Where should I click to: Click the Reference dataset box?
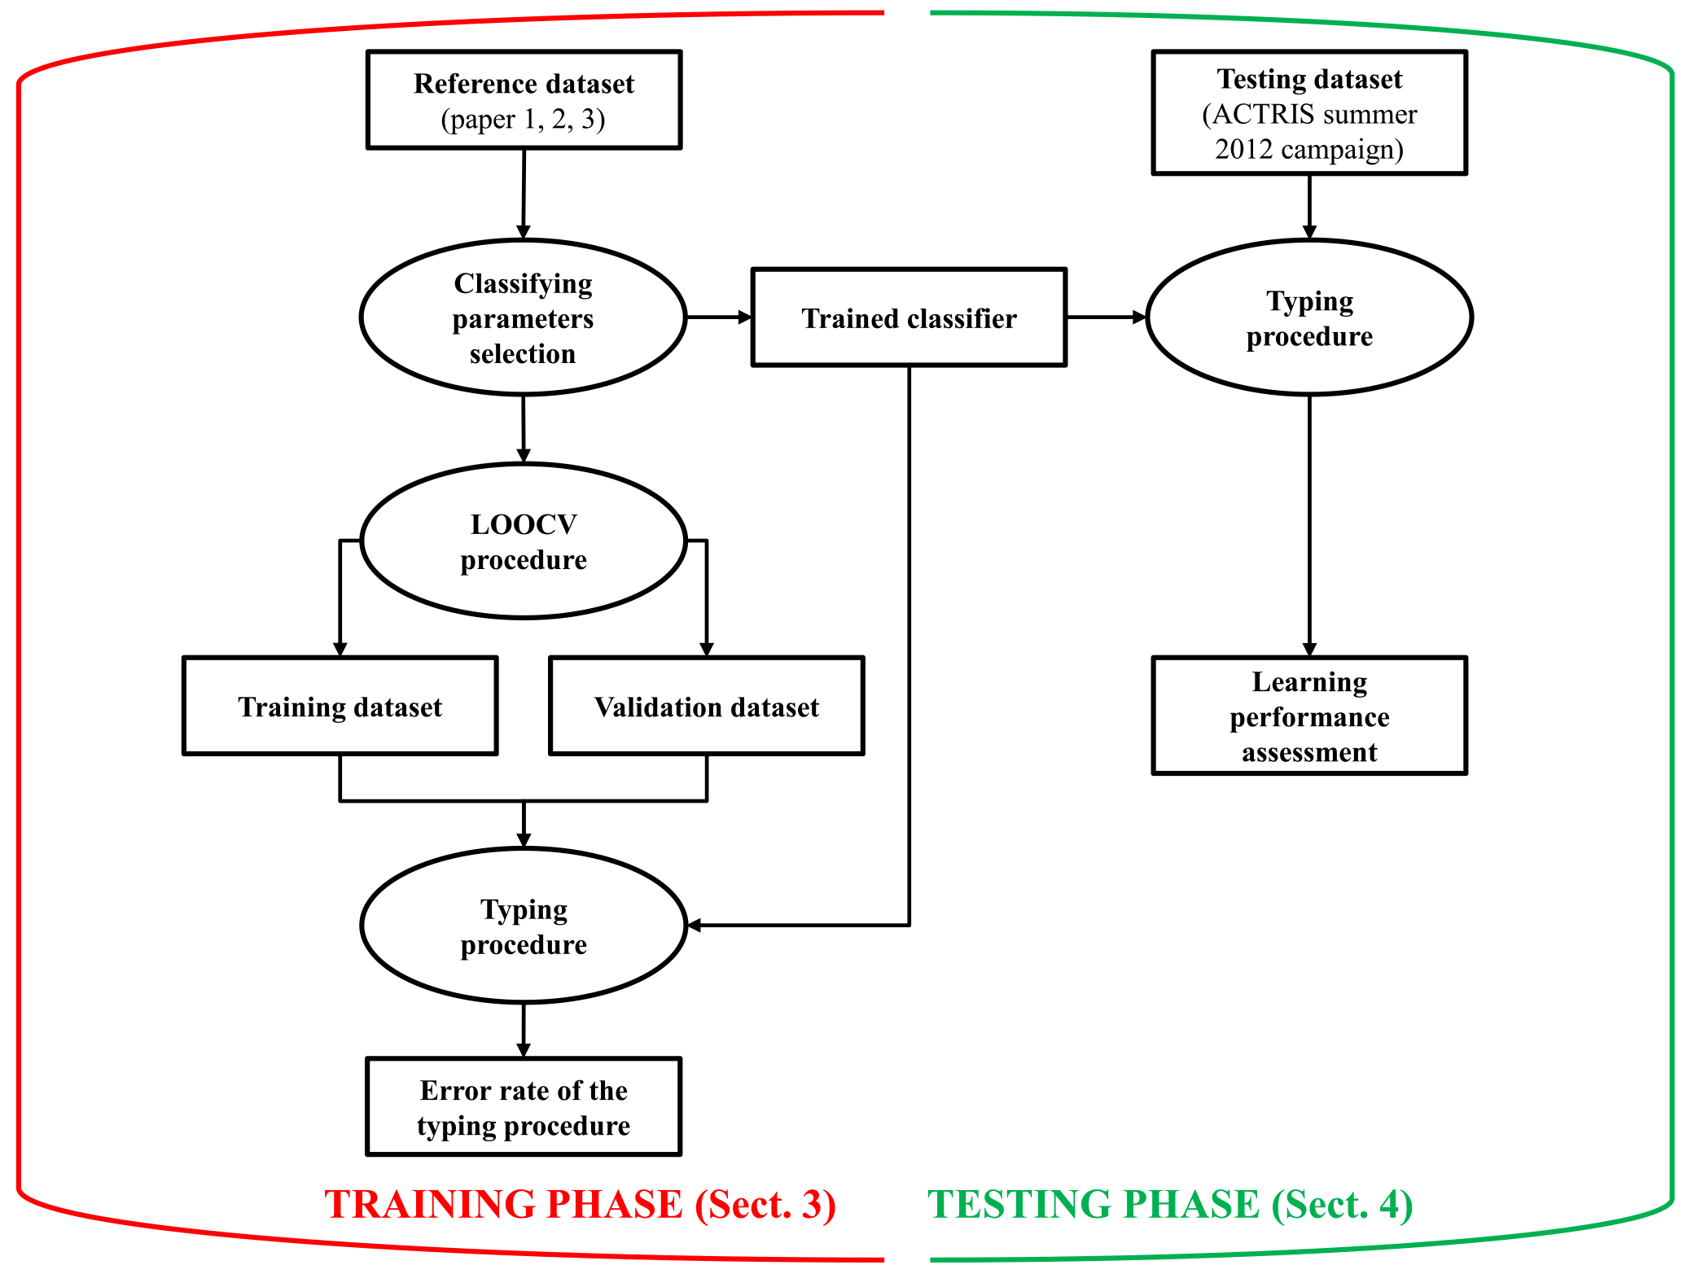coord(524,99)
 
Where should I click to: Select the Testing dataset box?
coord(1308,112)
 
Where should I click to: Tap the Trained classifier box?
coord(909,317)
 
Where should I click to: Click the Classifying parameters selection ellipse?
coord(523,317)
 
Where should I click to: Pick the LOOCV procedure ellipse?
coord(524,541)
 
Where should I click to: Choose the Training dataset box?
coord(340,706)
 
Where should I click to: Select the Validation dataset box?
coord(706,706)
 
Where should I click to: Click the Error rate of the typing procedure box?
coord(524,1106)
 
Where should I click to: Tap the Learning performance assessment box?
coord(1308,716)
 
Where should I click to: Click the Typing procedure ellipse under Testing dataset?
coord(1308,317)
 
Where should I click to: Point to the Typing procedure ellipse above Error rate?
coord(524,926)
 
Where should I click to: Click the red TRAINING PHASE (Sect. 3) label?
coord(580,1204)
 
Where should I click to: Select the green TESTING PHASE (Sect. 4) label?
coord(1170,1204)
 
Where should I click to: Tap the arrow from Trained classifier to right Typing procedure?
coord(1106,317)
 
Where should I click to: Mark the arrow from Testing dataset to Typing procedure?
coord(1309,207)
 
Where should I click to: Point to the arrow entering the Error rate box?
coord(524,1030)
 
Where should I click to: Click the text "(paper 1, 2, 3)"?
coord(523,120)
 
